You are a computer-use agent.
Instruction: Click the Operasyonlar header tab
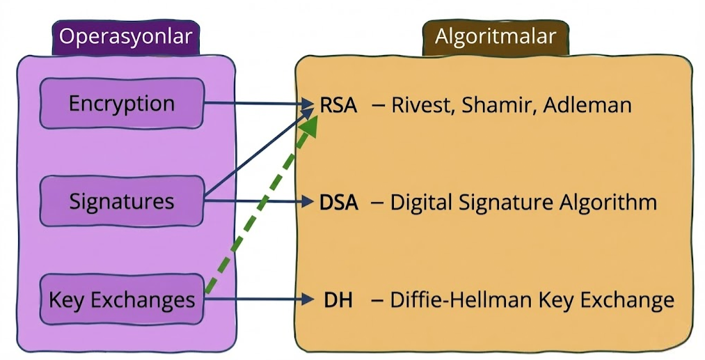point(126,37)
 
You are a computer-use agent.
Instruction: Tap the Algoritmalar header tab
point(496,37)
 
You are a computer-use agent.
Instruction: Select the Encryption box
point(122,104)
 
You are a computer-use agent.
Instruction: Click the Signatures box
point(122,201)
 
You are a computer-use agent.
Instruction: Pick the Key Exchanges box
point(122,299)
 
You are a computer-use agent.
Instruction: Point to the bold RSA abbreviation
point(338,105)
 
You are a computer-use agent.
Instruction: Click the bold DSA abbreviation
point(338,203)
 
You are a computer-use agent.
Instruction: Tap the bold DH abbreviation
point(338,299)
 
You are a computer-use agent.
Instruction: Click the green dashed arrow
point(261,205)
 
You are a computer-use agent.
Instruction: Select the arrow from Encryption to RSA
point(259,104)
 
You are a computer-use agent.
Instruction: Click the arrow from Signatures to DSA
point(259,201)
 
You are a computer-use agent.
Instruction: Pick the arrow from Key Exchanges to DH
point(259,299)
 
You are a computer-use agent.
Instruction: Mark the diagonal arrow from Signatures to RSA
point(259,152)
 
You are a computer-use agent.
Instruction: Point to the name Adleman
point(587,105)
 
